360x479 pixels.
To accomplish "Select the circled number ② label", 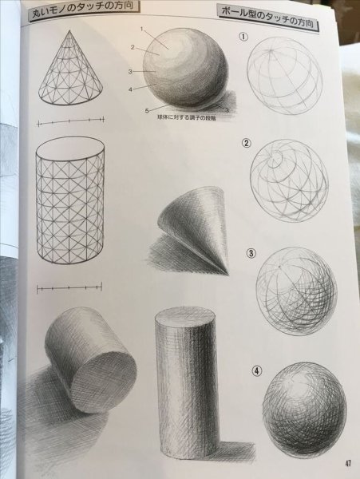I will pos(247,144).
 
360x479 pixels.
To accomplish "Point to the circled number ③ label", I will pos(251,255).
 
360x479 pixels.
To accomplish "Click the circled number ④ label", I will pos(257,370).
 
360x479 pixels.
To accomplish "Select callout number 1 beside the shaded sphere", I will pos(140,30).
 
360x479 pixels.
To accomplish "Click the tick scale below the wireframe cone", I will pos(70,122).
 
